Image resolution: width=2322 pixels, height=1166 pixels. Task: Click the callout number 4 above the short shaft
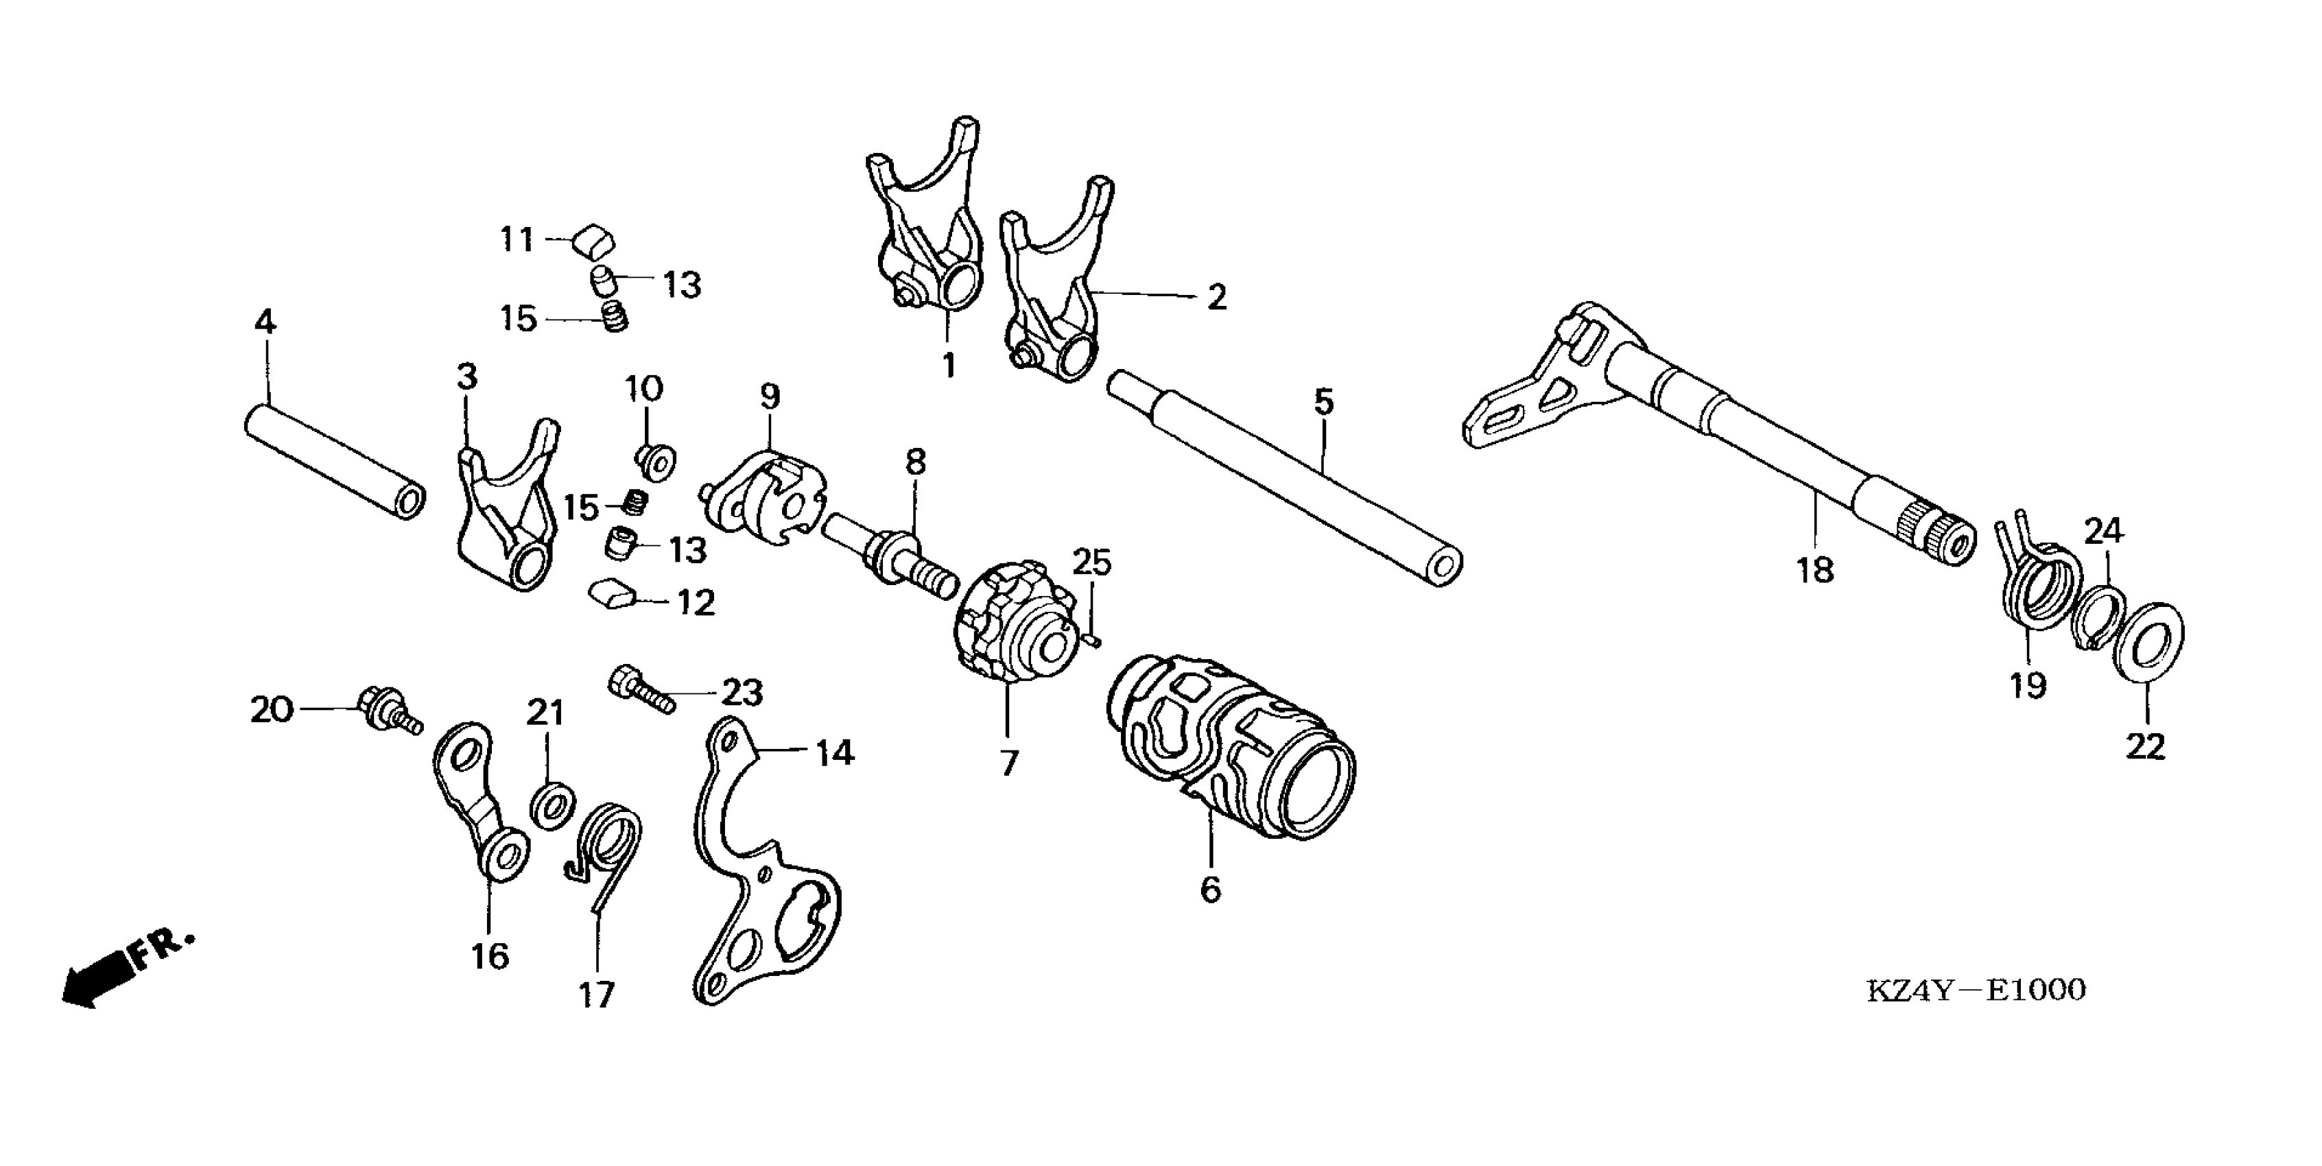coord(264,322)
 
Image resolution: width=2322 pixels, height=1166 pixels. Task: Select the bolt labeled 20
coord(388,709)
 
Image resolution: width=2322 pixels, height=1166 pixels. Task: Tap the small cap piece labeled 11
coord(594,241)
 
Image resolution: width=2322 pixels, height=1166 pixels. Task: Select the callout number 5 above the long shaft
coord(1323,403)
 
